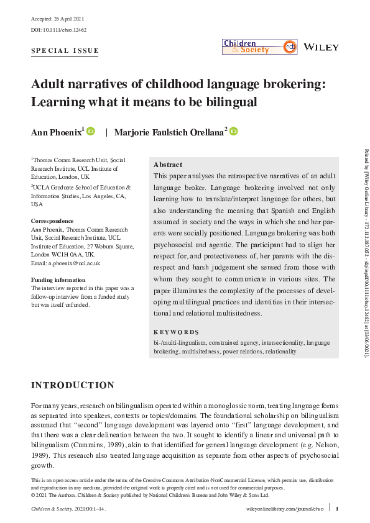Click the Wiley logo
[x=321, y=47]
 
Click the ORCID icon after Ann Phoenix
[x=91, y=132]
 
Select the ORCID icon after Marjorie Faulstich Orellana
[x=234, y=132]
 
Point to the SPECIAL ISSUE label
[x=65, y=51]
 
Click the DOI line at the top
[x=60, y=29]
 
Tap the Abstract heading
[x=168, y=165]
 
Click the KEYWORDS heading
[x=177, y=332]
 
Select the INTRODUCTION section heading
[x=73, y=385]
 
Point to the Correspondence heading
[x=52, y=221]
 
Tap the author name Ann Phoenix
[x=56, y=132]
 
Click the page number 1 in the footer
[x=336, y=508]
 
